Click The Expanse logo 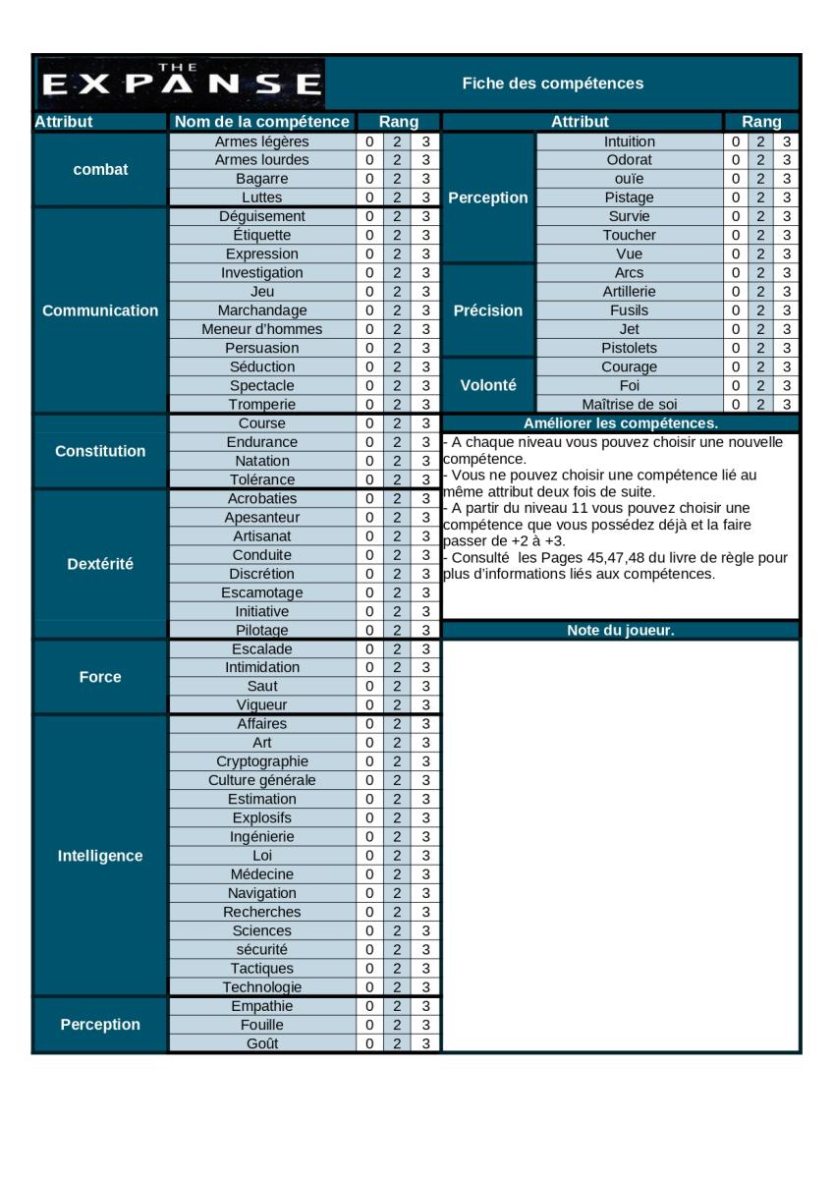(179, 83)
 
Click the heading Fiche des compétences (553, 84)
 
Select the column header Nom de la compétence (261, 123)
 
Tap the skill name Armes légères (261, 141)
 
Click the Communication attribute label (100, 310)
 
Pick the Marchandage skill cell (261, 310)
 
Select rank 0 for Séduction (369, 366)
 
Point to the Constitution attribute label (100, 452)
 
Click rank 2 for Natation (398, 461)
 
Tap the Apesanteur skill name (261, 518)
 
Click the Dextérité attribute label (100, 564)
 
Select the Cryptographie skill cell (261, 761)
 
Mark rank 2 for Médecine (398, 874)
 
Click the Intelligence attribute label (100, 856)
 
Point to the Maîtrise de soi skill (630, 404)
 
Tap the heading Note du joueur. (621, 630)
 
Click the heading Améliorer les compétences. (621, 423)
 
